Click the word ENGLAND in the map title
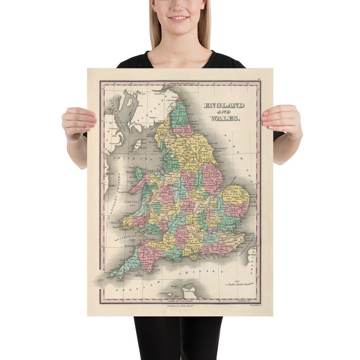(224, 106)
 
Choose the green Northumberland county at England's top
(180, 115)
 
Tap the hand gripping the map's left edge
(79, 121)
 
